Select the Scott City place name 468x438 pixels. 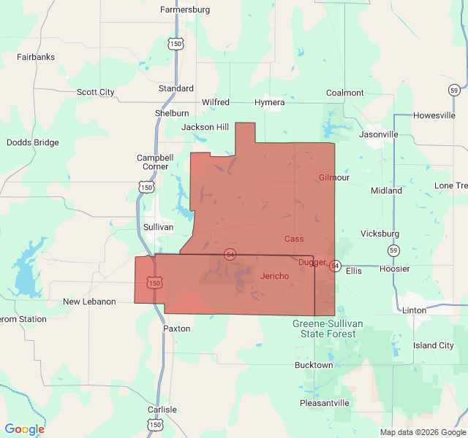click(x=96, y=92)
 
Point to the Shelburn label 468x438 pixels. click(x=172, y=113)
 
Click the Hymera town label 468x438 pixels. click(x=269, y=102)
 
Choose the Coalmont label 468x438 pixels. click(x=345, y=93)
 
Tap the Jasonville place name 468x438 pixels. click(x=379, y=134)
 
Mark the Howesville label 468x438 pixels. click(x=434, y=115)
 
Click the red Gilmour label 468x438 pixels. click(x=334, y=177)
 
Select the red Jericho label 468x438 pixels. click(x=274, y=275)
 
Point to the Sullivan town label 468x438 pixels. click(x=158, y=227)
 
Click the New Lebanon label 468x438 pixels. click(x=89, y=301)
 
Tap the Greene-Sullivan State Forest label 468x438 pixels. click(x=324, y=328)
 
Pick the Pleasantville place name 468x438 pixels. click(x=325, y=403)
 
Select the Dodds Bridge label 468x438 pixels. click(x=33, y=142)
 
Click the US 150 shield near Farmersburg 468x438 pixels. click(x=175, y=44)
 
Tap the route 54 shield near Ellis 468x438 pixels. click(x=335, y=265)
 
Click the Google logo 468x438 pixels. click(x=24, y=429)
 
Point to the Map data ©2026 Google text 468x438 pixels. click(x=422, y=432)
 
